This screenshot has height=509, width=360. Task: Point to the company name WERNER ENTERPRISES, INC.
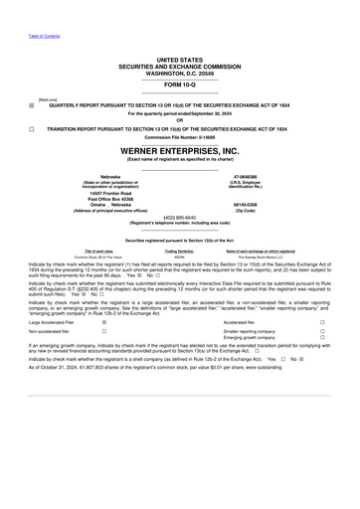[180, 150]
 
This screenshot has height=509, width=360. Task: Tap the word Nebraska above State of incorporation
[96, 176]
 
